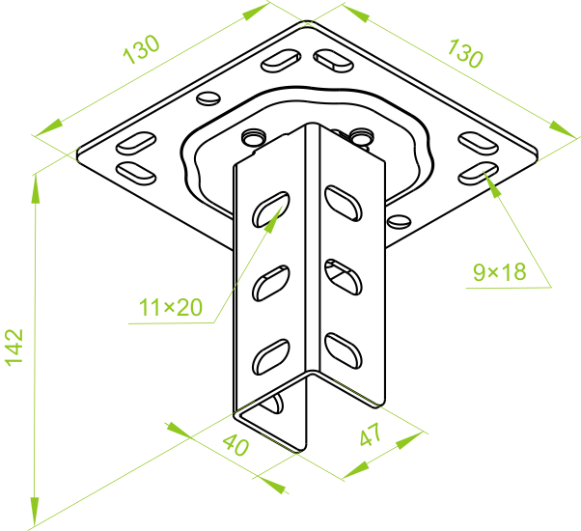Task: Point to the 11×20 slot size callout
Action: (x=170, y=308)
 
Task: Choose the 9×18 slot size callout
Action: (x=499, y=272)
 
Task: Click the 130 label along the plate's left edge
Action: (x=141, y=49)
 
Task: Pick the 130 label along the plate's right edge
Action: (x=464, y=51)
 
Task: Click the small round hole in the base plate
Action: (x=208, y=98)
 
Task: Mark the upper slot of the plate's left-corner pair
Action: (x=135, y=142)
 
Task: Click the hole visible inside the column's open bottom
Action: (x=280, y=403)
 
